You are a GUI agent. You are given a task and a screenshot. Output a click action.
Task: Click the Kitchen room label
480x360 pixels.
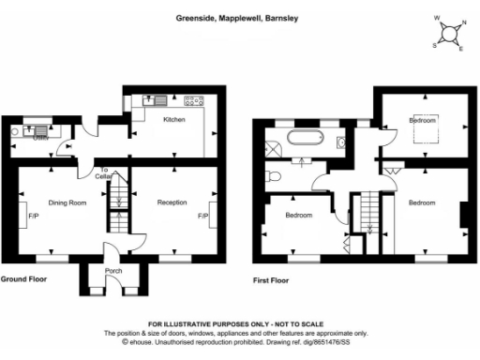pos(174,120)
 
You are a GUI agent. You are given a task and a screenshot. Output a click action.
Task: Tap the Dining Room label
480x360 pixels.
pos(68,202)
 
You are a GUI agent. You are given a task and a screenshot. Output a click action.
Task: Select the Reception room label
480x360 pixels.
pos(172,202)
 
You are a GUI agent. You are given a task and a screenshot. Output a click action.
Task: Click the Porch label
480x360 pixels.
pos(113,272)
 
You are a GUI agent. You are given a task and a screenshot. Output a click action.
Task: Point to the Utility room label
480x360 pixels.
pos(40,138)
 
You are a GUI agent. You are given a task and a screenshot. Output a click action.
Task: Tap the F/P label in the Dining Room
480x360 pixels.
pos(33,216)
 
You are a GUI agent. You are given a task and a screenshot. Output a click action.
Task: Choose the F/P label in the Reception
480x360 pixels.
pos(202,216)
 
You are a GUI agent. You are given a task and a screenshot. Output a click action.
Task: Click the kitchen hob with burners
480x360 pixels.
pos(196,100)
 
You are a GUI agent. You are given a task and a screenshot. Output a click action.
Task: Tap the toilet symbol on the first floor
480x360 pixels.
pos(275,175)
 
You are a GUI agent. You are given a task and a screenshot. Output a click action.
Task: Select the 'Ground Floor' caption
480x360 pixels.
pos(24,279)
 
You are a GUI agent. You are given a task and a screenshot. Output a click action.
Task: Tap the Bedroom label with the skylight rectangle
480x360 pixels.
pos(425,120)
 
